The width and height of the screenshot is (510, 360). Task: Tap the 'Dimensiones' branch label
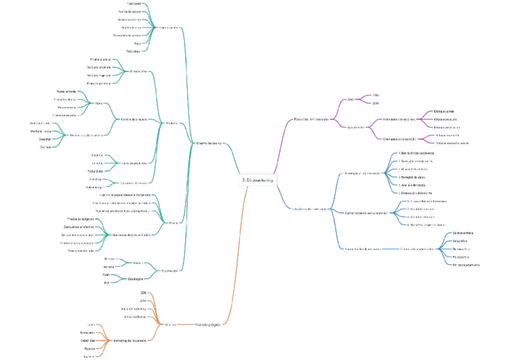click(139, 72)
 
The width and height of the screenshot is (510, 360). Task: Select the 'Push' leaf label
click(106, 275)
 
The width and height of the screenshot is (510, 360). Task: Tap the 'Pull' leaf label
click(106, 282)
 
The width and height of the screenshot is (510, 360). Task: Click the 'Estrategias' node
click(135, 278)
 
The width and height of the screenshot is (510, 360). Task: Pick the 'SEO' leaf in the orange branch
click(143, 293)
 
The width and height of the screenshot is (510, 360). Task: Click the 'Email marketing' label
click(135, 316)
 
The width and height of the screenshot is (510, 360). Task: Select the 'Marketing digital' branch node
click(207, 325)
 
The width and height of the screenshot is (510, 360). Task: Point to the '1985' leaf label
click(376, 95)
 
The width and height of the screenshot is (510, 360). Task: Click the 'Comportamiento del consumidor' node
click(366, 212)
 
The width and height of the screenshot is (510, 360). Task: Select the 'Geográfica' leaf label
click(461, 240)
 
